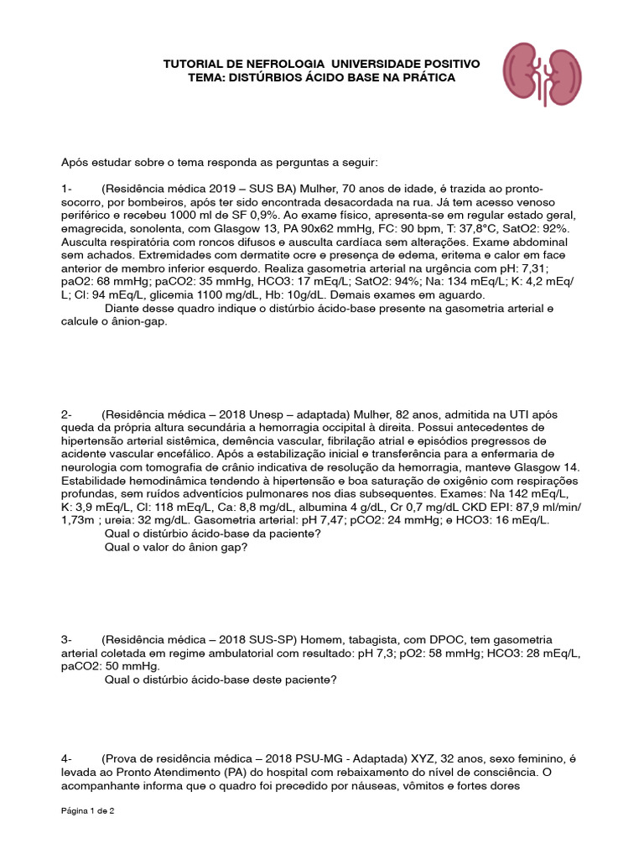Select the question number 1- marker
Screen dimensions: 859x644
click(x=68, y=189)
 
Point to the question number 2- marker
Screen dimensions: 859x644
click(x=68, y=415)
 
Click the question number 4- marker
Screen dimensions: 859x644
click(x=68, y=758)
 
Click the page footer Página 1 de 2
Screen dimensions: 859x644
click(x=87, y=811)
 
